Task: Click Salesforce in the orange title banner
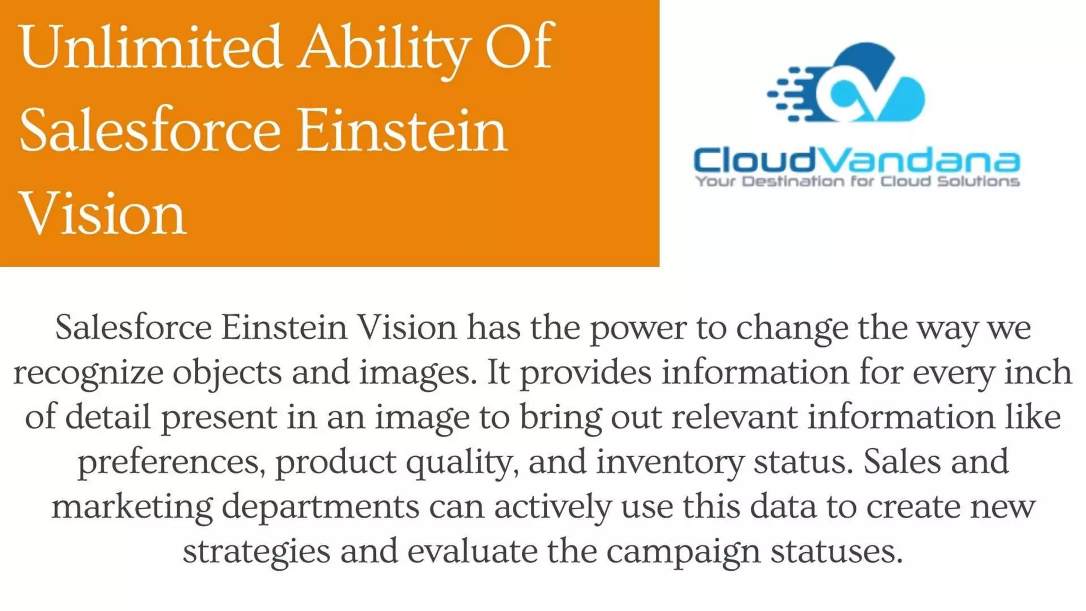point(150,130)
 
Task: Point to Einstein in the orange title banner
point(401,130)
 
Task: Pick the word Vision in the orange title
point(102,213)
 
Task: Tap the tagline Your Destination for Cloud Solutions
point(857,181)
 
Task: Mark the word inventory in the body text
point(670,462)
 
